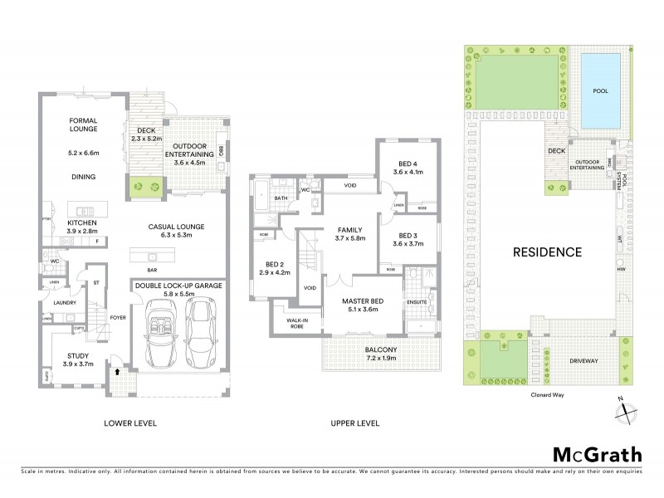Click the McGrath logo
(597, 454)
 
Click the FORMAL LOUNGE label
(83, 124)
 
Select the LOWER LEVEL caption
(129, 423)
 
